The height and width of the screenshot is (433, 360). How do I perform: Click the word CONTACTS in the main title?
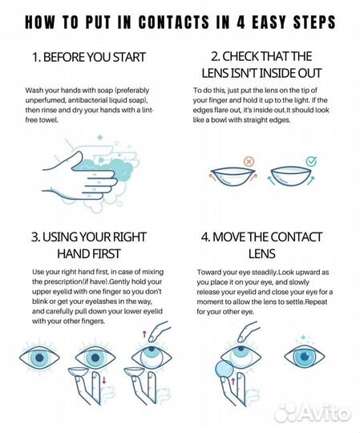[174, 22]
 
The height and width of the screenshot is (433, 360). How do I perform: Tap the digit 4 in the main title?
[241, 22]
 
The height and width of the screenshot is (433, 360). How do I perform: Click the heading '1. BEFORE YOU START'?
[89, 57]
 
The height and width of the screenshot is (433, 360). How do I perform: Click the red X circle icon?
[249, 161]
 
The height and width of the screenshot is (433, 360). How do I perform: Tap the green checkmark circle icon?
[311, 161]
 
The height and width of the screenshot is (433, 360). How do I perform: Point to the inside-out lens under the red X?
[233, 177]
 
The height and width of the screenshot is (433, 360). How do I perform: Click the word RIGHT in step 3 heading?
[130, 237]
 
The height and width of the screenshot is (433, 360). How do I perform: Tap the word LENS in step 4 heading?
[261, 253]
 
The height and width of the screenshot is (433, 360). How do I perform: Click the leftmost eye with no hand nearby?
[39, 358]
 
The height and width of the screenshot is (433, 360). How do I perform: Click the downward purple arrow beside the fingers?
[104, 380]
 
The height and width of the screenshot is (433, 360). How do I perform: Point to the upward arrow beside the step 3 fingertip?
[144, 334]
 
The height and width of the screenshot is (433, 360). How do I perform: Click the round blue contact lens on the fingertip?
[224, 370]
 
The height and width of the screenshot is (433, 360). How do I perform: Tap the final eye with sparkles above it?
[304, 356]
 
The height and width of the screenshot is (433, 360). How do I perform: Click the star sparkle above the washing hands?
[99, 137]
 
